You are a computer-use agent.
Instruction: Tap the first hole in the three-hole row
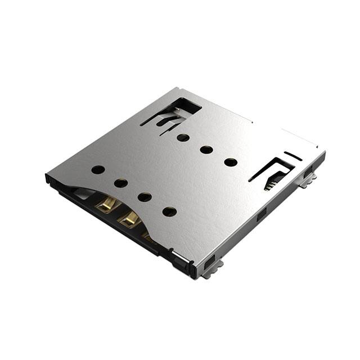click(x=183, y=137)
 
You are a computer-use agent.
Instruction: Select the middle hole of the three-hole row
click(x=206, y=150)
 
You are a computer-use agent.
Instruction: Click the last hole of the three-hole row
click(x=231, y=162)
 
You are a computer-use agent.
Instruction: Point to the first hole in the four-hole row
click(x=98, y=169)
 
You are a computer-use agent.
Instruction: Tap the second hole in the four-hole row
click(x=121, y=183)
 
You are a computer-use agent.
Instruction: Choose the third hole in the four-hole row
click(x=145, y=197)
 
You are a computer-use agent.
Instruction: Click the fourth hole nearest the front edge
click(x=169, y=211)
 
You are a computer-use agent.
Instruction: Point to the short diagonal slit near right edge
click(x=292, y=156)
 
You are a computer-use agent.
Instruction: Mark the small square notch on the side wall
click(x=261, y=214)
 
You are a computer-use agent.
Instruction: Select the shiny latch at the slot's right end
click(x=178, y=258)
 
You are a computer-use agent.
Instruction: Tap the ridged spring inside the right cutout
click(x=272, y=182)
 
